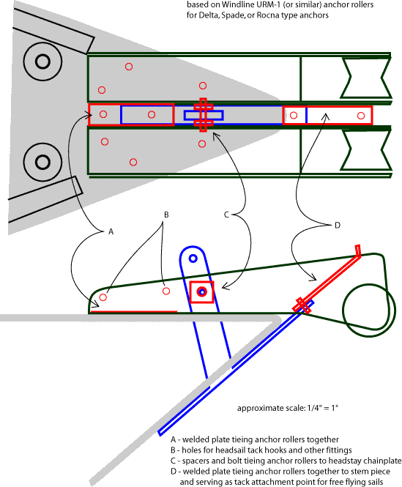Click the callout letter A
[x=111, y=231]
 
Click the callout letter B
[x=166, y=215]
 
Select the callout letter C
[x=226, y=215]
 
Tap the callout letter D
[x=338, y=226]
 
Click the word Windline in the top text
[x=237, y=4]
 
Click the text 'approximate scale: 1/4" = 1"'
[x=288, y=408]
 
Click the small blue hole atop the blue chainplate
[x=193, y=259]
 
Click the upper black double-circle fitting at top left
[x=42, y=62]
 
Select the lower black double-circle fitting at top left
[x=42, y=162]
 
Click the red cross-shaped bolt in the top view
[x=203, y=115]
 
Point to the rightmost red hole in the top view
[x=361, y=116]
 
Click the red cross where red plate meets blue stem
[x=302, y=305]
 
